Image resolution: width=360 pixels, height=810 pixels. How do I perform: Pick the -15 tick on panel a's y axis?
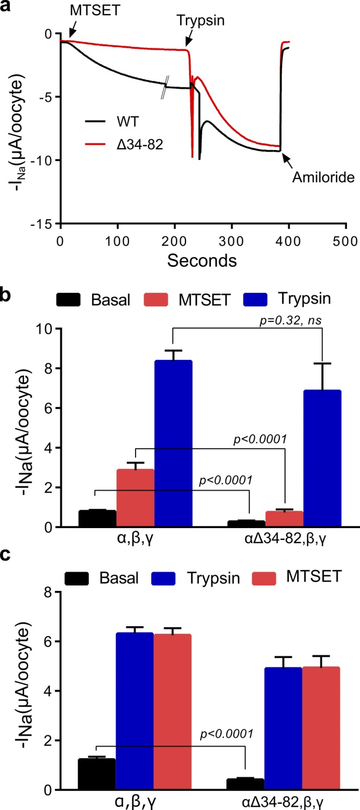(x=46, y=223)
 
